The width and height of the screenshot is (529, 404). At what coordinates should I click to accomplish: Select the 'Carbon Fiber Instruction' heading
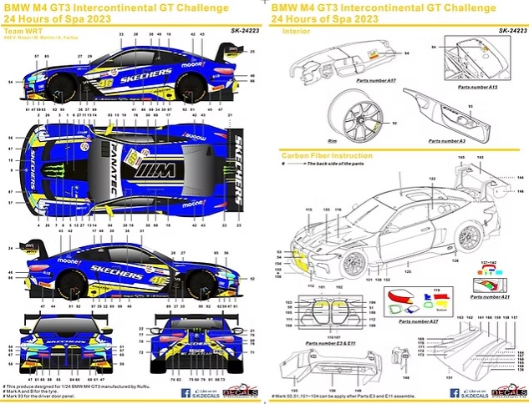click(x=328, y=156)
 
